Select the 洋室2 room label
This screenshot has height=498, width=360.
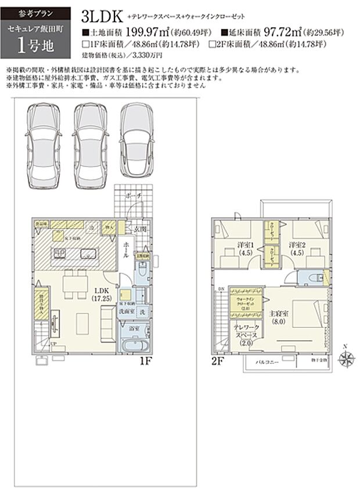click(297, 247)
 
